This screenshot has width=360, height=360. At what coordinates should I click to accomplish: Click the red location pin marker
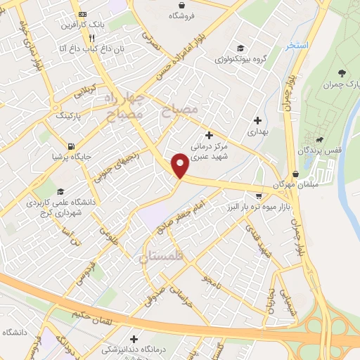(181, 165)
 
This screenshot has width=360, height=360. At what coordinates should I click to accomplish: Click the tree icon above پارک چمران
(342, 72)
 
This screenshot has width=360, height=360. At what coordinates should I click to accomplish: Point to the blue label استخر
(297, 46)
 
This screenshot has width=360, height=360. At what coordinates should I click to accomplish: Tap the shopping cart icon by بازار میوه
(259, 196)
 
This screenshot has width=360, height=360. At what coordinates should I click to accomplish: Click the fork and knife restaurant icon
(91, 38)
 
